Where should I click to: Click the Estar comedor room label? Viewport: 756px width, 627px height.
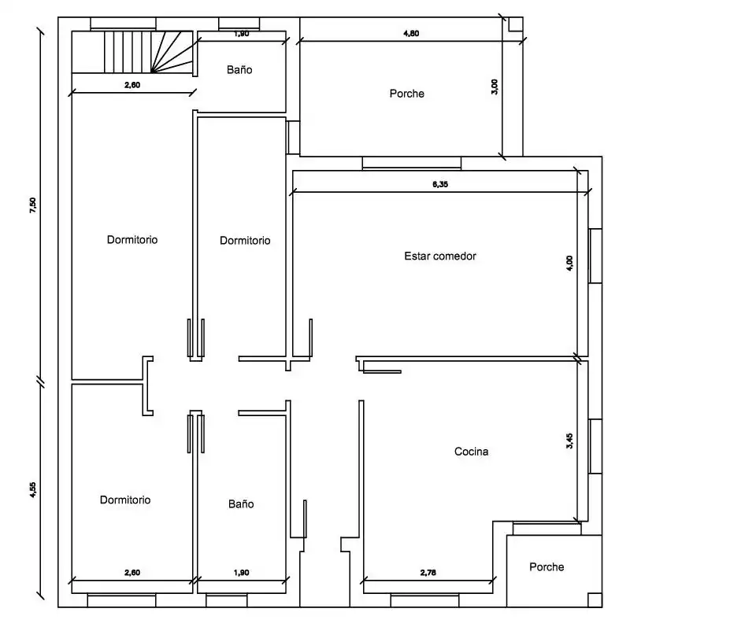click(439, 256)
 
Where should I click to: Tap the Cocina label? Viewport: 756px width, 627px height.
click(471, 452)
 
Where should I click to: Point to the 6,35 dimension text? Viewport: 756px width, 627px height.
click(439, 184)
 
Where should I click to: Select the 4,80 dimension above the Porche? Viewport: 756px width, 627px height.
click(411, 33)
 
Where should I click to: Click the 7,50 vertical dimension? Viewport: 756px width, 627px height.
click(33, 205)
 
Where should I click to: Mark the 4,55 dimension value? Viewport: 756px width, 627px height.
click(33, 490)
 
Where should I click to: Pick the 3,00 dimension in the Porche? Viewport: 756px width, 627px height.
click(495, 87)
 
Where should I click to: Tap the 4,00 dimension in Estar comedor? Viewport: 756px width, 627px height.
click(569, 264)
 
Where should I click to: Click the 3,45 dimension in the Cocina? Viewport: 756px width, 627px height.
click(569, 441)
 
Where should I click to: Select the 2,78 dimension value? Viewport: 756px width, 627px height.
click(428, 573)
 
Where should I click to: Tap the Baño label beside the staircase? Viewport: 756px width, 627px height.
click(239, 70)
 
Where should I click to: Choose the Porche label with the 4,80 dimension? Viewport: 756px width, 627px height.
click(407, 94)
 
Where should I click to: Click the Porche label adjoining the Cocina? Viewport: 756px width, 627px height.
click(547, 566)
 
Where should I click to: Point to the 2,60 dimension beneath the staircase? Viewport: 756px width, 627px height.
click(132, 85)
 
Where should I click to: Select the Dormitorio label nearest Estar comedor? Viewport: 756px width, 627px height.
click(245, 240)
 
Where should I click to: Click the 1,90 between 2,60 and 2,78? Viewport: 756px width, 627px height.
click(241, 573)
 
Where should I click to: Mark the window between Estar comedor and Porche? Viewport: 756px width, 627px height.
click(412, 164)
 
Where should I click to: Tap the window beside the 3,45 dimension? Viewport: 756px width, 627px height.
click(595, 446)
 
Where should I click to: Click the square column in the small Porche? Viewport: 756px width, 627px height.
click(595, 600)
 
